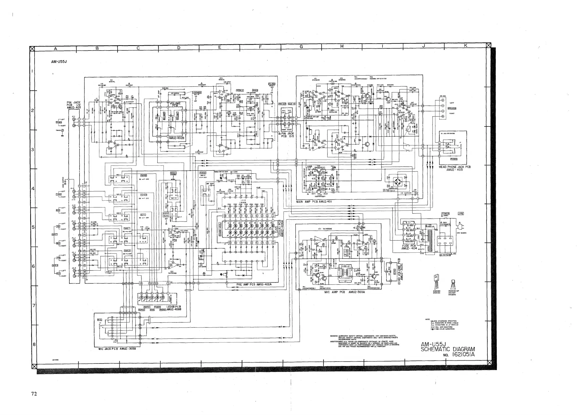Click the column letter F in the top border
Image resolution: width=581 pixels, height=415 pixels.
[x=260, y=47]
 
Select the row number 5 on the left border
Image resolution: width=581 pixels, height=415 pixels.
[x=33, y=227]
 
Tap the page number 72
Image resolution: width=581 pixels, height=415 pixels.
[x=34, y=394]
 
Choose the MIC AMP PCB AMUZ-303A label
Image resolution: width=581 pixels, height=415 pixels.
[x=344, y=292]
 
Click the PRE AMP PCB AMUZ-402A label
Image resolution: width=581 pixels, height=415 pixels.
[x=254, y=284]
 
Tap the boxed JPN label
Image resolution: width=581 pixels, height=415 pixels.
[x=460, y=214]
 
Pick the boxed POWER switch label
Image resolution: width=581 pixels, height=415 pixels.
[x=445, y=214]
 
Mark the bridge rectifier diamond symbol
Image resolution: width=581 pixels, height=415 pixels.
[x=397, y=182]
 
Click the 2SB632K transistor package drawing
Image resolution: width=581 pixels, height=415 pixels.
[x=436, y=284]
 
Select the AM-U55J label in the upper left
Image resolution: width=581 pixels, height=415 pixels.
[x=59, y=62]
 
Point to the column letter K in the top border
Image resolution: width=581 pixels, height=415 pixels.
[x=465, y=45]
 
